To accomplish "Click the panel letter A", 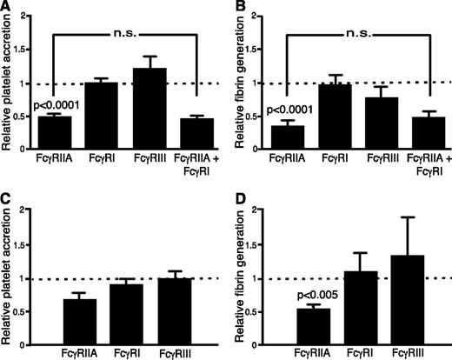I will (x=7, y=8).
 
